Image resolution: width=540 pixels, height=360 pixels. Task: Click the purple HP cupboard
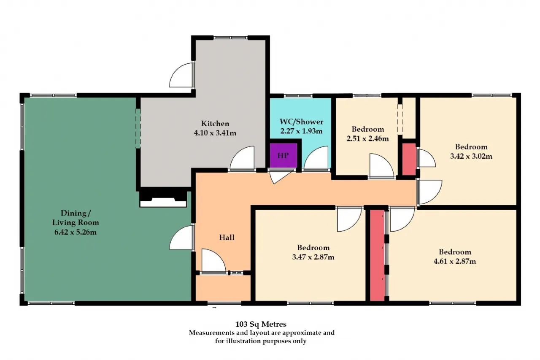point(283,155)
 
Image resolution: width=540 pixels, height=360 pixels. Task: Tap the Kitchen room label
point(215,124)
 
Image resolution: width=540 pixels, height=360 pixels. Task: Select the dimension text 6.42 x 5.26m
point(76,232)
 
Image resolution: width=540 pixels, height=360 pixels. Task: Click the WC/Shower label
point(301,122)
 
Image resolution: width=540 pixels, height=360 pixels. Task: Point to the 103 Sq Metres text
point(261,324)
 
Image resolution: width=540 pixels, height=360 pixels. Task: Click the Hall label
point(227,237)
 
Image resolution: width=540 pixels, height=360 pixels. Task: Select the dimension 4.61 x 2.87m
point(455,261)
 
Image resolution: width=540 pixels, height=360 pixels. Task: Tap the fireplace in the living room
point(163,198)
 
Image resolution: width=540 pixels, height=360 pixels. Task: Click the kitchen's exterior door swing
point(181,75)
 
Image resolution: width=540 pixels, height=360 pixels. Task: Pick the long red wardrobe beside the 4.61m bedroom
point(377,255)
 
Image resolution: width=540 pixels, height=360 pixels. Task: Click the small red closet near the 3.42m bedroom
point(409,159)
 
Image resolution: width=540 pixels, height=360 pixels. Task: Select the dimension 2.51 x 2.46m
point(367,139)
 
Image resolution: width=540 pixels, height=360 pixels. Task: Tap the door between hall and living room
point(182,238)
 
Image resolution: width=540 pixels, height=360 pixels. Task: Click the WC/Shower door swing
point(316,158)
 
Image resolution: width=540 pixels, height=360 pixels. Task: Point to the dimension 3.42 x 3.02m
point(471,156)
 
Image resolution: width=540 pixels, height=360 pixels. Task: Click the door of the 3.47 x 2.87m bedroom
point(349,219)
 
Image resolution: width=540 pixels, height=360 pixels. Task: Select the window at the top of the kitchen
point(230,38)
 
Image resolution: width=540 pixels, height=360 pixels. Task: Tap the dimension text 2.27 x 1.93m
point(301,131)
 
